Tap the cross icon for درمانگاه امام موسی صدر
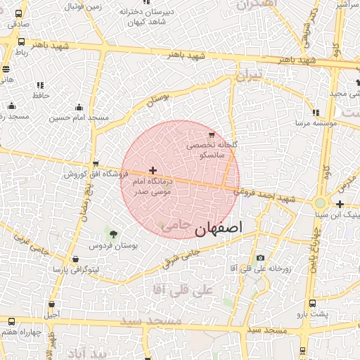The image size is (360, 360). [153, 170]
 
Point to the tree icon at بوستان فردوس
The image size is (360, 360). [113, 233]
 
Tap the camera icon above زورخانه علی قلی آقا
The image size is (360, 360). [260, 257]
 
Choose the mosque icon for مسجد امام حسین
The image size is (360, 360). [79, 107]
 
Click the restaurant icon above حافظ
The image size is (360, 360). [39, 84]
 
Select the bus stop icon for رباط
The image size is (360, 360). [20, 41]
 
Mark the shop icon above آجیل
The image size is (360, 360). [53, 304]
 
